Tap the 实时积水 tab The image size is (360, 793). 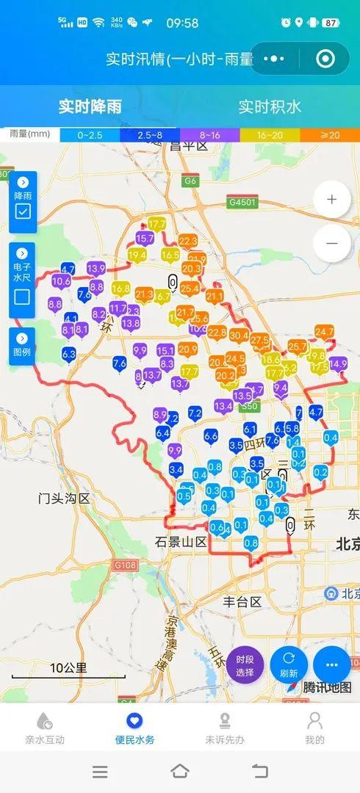pos(270,106)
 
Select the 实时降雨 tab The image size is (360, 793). pos(90,106)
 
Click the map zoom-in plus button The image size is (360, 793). pos(332,199)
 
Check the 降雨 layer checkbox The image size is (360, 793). pos(23,212)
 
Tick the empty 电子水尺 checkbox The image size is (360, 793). pos(23,297)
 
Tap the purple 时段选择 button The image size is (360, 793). pos(245,665)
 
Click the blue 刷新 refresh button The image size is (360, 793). pos(289,665)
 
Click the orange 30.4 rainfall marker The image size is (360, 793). pos(239,336)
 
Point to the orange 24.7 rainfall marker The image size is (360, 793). pos(324,333)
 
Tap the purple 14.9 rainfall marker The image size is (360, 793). pos(338,363)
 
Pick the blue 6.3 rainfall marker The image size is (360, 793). pos(69,355)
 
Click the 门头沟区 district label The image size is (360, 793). pos(64,499)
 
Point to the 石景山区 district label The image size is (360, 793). pos(181,542)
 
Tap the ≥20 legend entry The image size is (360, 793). pos(330,135)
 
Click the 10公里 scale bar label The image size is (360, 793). pos(68,668)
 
